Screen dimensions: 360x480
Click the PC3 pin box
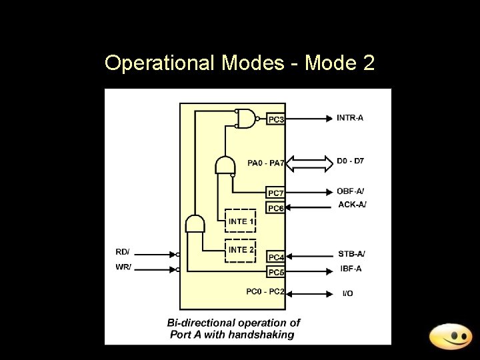click(x=276, y=119)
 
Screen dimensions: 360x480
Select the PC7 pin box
click(x=276, y=193)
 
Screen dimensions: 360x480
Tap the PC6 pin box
click(x=276, y=208)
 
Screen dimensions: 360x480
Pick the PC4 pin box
click(x=276, y=257)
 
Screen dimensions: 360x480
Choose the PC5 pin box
click(x=276, y=272)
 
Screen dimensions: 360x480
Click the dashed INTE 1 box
click(x=241, y=221)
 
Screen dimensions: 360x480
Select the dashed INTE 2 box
click(x=241, y=250)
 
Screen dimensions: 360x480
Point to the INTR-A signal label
click(x=351, y=118)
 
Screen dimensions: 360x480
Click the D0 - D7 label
click(x=351, y=161)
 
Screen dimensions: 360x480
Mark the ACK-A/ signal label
click(x=352, y=205)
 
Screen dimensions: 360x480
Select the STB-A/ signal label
click(x=352, y=254)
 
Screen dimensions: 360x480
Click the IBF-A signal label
click(x=351, y=269)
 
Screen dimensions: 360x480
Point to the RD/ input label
click(x=123, y=252)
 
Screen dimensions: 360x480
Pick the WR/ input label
click(x=123, y=267)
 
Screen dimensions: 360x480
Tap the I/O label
click(x=348, y=293)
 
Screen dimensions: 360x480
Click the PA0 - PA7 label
click(x=266, y=163)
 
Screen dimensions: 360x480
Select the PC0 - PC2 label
click(x=265, y=291)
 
